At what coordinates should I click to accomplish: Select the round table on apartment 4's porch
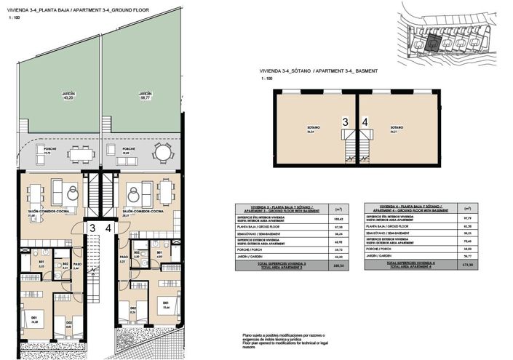point(160,154)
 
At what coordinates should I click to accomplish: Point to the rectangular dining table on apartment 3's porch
point(80,154)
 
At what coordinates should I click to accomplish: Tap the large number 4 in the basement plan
point(364,123)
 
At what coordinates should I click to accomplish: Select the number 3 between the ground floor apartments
point(92,228)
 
